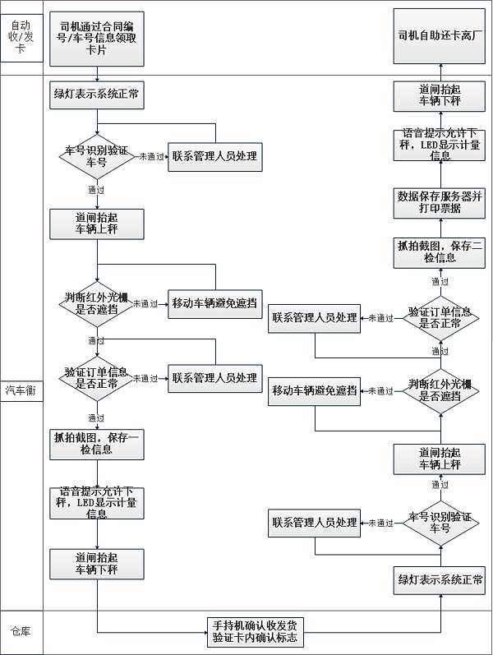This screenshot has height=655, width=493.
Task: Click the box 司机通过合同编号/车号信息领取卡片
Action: [97, 39]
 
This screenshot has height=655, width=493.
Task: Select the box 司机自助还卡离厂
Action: [440, 37]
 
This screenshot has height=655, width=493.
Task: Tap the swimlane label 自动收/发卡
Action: [21, 37]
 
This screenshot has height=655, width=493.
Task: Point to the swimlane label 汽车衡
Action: [21, 390]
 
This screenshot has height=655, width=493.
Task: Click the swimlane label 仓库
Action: [21, 632]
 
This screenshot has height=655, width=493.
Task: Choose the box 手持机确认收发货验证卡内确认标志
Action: [255, 631]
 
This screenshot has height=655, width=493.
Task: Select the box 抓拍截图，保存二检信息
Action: [440, 252]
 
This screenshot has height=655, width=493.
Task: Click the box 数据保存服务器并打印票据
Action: [440, 202]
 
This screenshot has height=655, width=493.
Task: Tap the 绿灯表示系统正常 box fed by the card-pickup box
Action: [97, 94]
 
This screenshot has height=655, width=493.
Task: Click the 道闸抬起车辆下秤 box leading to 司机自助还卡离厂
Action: [440, 96]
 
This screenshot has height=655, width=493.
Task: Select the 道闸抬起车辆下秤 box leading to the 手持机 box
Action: [97, 564]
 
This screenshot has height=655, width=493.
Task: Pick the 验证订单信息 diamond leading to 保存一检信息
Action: [97, 379]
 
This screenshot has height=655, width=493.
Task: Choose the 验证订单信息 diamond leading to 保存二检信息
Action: [440, 318]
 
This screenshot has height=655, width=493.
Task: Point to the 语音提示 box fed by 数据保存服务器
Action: [440, 145]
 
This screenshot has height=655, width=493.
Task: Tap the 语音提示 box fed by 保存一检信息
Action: [97, 501]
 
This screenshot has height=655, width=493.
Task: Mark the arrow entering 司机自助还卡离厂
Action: [440, 71]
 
